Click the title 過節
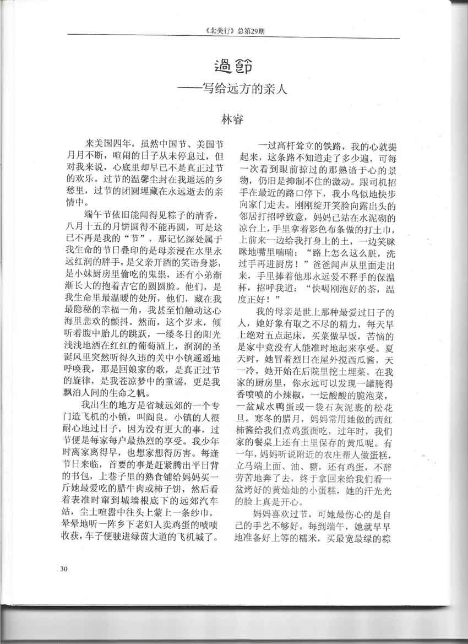point(233,68)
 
